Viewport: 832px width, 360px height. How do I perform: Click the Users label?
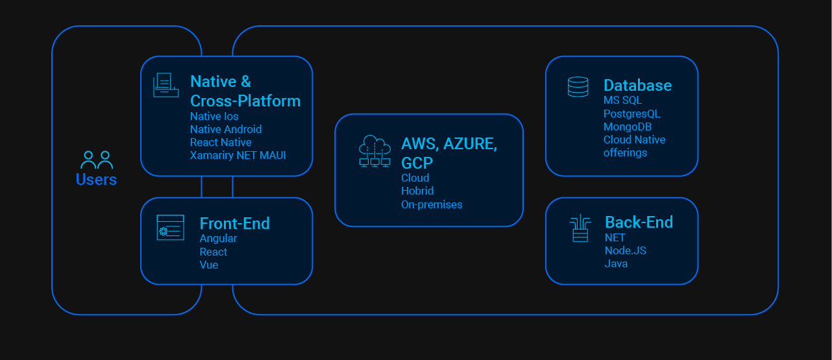pos(96,180)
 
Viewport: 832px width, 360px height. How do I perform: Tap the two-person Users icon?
pos(96,160)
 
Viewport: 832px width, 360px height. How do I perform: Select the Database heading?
pos(637,85)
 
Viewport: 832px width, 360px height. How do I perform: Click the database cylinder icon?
pos(578,87)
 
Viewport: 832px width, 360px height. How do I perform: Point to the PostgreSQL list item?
pos(631,114)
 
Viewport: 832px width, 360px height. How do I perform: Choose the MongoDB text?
pos(627,126)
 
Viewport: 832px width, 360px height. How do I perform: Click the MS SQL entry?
pos(622,101)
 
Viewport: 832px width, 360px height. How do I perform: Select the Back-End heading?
pos(639,222)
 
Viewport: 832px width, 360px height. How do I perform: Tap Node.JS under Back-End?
pos(625,250)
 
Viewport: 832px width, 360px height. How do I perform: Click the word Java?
pos(616,263)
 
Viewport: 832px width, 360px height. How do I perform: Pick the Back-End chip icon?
pos(580,228)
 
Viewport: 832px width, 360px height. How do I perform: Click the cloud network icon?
pos(375,151)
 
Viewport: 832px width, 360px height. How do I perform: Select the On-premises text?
pos(432,204)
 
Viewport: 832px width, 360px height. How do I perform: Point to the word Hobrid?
pos(417,191)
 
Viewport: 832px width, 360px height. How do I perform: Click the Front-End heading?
pos(234,223)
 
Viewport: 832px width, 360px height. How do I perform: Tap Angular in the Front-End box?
pos(218,239)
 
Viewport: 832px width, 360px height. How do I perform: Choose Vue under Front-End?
pos(208,265)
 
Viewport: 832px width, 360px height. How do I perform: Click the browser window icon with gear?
pos(170,228)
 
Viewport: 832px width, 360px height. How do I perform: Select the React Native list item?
pos(221,142)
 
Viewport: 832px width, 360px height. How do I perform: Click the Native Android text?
pos(226,129)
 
